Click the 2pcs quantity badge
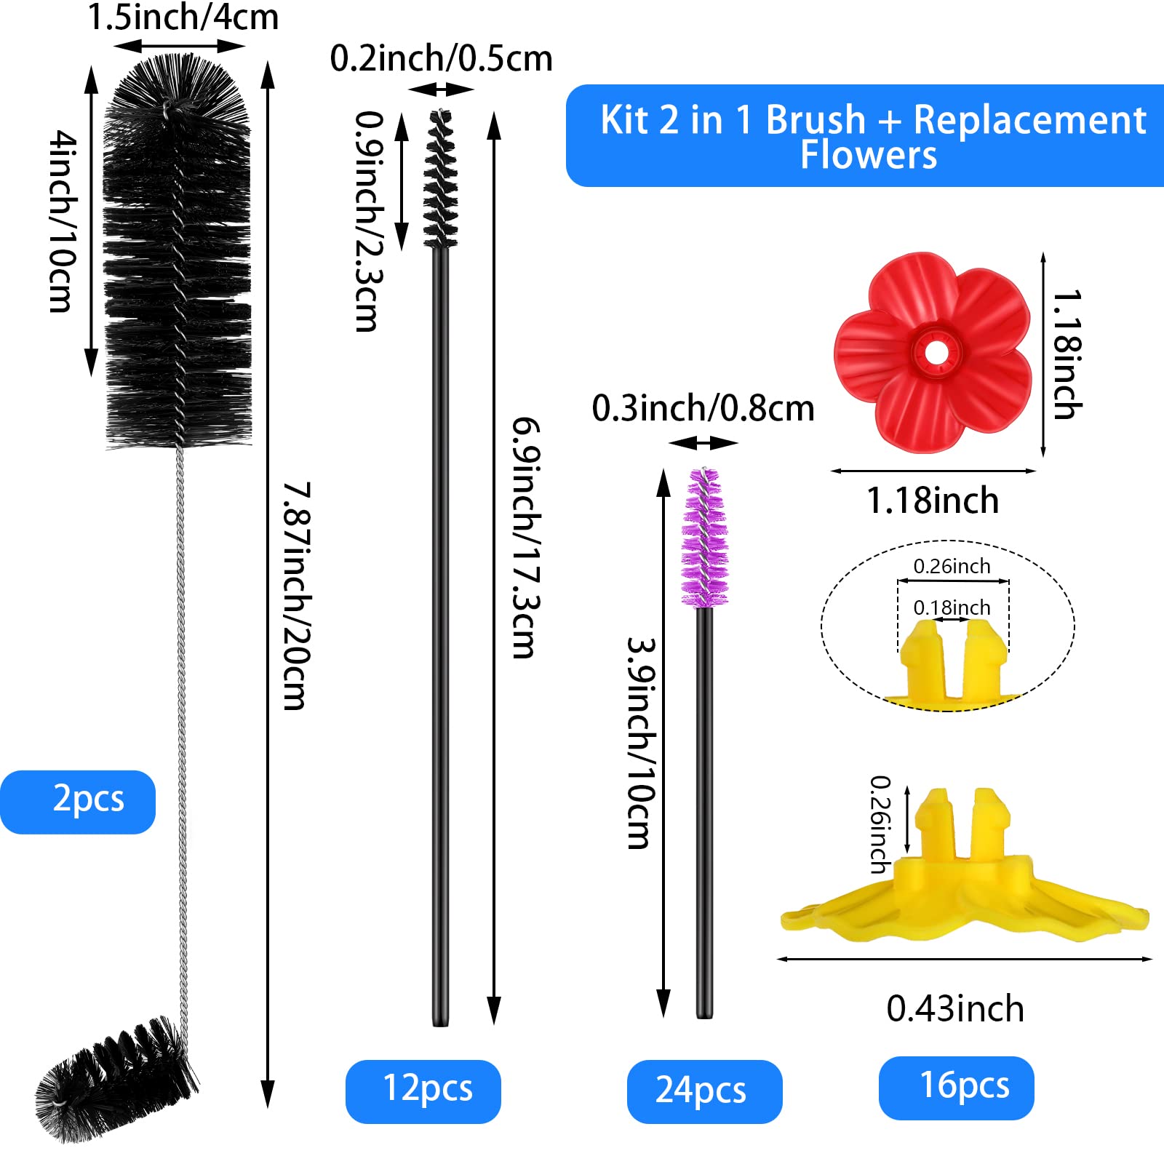[78, 801]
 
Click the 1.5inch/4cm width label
[183, 17]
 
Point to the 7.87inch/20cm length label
[297, 595]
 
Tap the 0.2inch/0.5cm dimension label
[441, 59]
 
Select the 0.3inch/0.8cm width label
[703, 409]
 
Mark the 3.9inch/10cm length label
[642, 744]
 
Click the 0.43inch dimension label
[954, 1009]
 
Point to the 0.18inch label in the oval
[952, 607]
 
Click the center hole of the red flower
[937, 353]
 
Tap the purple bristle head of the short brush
[703, 538]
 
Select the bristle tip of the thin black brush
[441, 178]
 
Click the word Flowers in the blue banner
[869, 155]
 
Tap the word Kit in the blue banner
[623, 120]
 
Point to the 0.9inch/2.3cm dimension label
[370, 222]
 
